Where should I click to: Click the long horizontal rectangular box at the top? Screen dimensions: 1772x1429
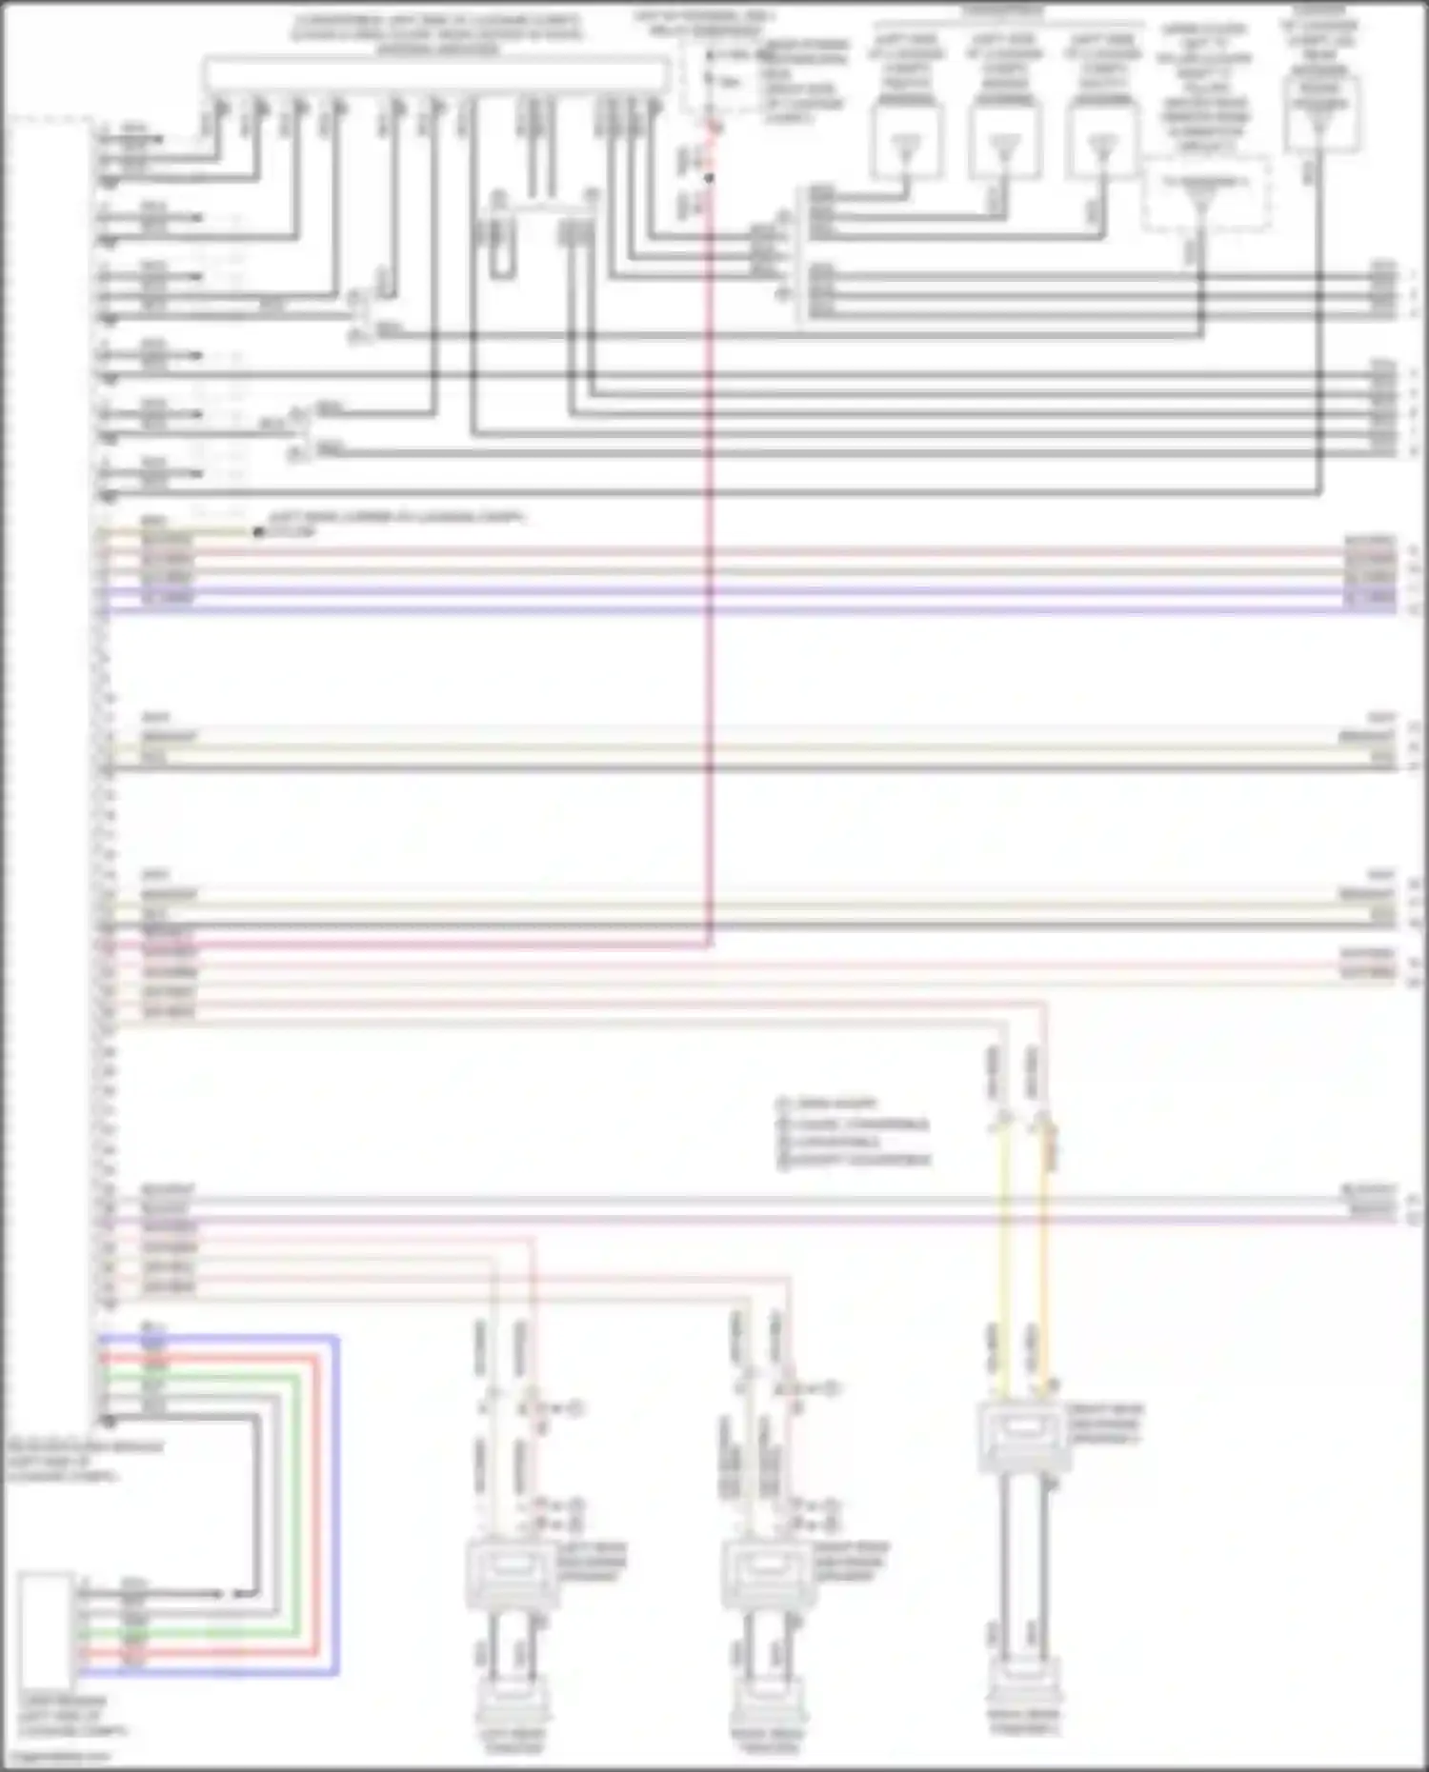click(435, 74)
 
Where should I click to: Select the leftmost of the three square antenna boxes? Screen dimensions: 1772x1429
click(907, 141)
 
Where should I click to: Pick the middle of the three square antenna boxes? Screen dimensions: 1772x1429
click(1005, 141)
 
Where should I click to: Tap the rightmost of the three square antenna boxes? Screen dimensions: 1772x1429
click(1103, 141)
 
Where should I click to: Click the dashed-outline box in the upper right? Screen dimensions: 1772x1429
click(1206, 193)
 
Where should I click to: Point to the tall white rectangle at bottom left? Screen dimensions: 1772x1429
click(46, 1630)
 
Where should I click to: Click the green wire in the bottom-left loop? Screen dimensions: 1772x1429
click(298, 1504)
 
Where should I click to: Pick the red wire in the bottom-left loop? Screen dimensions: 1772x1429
click(317, 1504)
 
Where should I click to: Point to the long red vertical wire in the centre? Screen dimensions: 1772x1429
click(710, 571)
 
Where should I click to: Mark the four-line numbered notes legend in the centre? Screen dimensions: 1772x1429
click(853, 1132)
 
